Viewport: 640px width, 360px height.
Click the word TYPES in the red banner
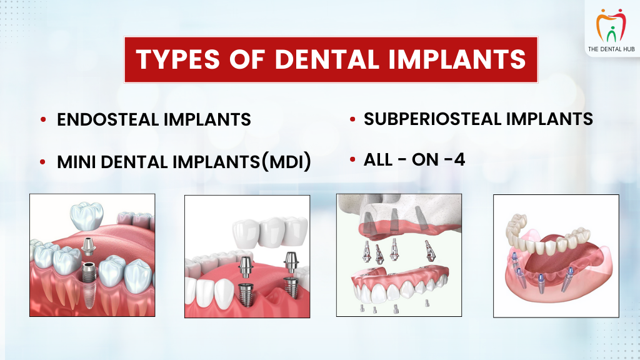(178, 59)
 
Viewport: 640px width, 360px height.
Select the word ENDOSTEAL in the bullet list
(107, 119)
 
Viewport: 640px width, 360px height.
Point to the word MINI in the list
(76, 162)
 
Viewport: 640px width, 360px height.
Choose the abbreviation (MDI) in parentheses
(286, 162)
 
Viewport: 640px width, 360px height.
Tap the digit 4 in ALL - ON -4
(459, 159)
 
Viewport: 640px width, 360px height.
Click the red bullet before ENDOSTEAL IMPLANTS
(43, 119)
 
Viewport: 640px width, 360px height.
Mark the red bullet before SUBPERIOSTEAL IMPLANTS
(352, 119)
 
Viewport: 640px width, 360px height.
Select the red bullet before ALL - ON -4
(352, 159)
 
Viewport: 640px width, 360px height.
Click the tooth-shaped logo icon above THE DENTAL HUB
(611, 25)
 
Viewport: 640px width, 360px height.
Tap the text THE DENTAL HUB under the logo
(611, 49)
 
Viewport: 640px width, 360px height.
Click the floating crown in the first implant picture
(86, 216)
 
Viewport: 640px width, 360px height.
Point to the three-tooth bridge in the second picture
(270, 231)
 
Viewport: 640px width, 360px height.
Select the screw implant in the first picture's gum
(89, 284)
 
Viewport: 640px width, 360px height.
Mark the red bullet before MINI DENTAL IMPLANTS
(43, 162)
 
